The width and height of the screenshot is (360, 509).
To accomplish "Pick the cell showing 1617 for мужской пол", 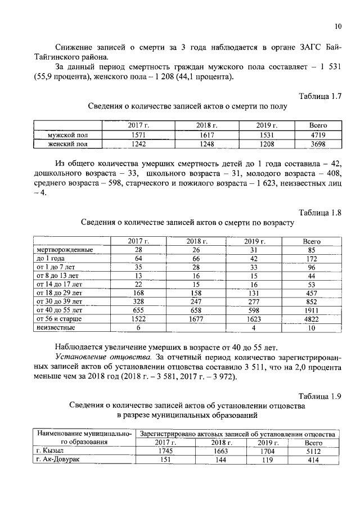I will (206, 135).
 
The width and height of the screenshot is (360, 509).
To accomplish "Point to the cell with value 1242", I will (138, 144).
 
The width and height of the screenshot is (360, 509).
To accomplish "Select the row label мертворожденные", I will (64, 250).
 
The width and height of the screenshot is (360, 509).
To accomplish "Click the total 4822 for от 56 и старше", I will (312, 318).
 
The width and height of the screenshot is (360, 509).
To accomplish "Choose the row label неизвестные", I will (56, 327).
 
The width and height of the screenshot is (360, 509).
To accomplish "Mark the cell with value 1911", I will (312, 310).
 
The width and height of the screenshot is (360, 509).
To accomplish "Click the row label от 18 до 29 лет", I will (59, 292).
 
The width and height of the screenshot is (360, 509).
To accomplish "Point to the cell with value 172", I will (312, 258).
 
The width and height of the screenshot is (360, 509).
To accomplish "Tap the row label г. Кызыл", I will (51, 451).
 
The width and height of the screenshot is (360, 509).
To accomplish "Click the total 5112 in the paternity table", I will (312, 451).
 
